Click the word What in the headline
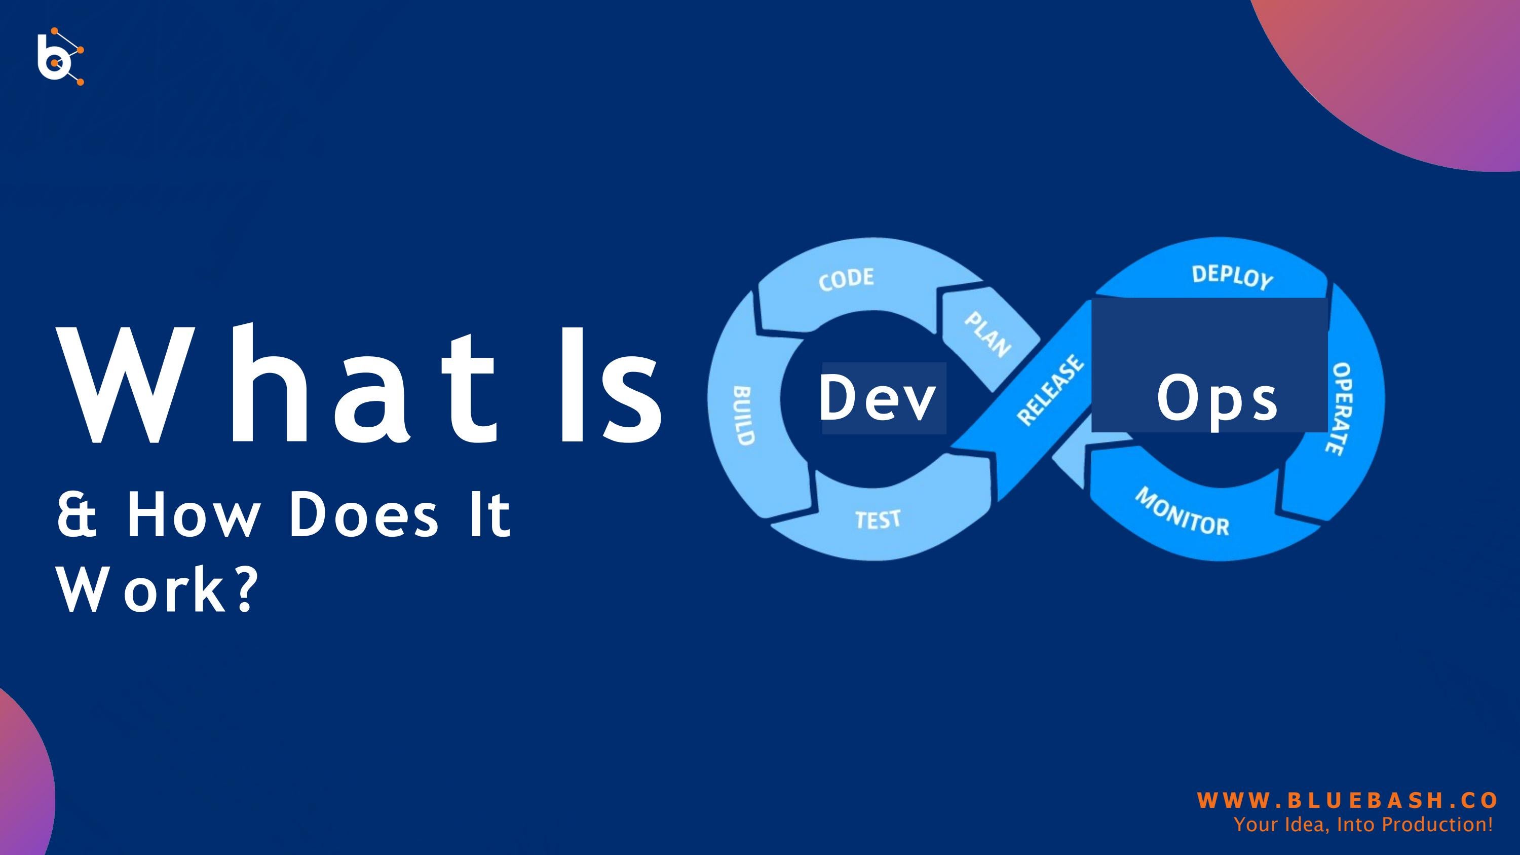click(x=277, y=385)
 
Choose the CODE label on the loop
click(x=846, y=279)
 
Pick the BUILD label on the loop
click(x=743, y=416)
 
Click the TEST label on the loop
click(x=878, y=520)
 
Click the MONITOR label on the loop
click(x=1183, y=511)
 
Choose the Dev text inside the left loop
click(x=878, y=398)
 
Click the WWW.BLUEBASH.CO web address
click(x=1347, y=800)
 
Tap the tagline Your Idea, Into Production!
click(x=1363, y=824)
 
